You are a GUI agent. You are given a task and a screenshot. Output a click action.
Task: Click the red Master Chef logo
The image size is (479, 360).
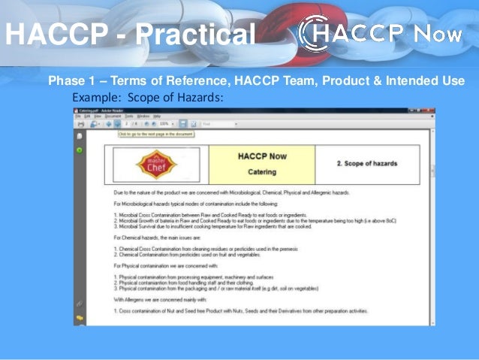point(157,165)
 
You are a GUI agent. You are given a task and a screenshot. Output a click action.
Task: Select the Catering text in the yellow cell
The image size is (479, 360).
point(262,172)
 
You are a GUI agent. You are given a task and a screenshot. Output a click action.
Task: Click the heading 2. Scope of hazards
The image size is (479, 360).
point(366,163)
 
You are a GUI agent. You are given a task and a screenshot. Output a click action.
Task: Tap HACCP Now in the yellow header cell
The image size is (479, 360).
point(262,156)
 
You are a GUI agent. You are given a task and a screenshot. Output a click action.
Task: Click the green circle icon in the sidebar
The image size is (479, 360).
point(79,150)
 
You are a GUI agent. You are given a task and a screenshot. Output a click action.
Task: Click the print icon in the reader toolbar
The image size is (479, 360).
point(80,124)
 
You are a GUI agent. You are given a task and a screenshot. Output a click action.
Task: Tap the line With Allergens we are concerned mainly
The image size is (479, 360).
point(161,301)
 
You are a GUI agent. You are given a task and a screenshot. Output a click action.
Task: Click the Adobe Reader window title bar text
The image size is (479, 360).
point(105,110)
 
